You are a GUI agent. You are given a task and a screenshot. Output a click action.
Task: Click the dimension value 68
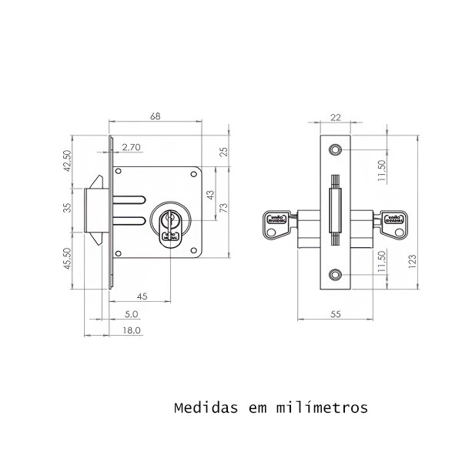point(156,116)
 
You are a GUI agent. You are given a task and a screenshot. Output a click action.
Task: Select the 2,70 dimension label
point(130,146)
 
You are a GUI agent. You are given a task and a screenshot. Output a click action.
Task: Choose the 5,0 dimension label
point(131,313)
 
